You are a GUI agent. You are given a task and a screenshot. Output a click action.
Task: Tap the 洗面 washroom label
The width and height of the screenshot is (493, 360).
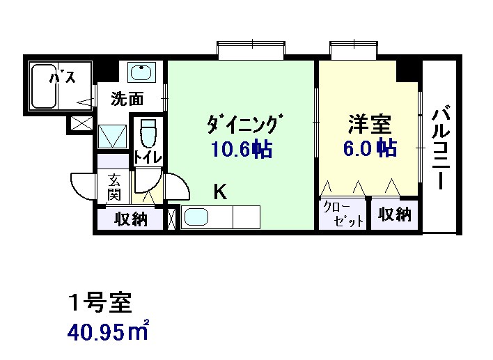pyautogui.click(x=127, y=99)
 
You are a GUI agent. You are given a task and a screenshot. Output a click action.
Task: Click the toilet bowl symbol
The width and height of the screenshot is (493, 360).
pyautogui.click(x=148, y=132)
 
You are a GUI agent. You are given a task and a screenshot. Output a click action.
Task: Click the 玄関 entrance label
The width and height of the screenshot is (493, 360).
pyautogui.click(x=114, y=187)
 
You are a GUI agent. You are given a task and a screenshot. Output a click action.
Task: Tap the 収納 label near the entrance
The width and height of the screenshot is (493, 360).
pyautogui.click(x=131, y=219)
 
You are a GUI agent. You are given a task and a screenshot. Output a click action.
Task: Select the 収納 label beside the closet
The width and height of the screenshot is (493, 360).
pyautogui.click(x=395, y=214)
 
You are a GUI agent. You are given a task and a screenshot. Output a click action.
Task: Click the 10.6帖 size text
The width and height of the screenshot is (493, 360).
pyautogui.click(x=242, y=149)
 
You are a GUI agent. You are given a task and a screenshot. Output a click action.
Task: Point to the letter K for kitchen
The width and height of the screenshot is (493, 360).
pyautogui.click(x=220, y=191)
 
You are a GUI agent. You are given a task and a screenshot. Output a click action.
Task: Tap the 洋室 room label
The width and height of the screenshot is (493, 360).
pyautogui.click(x=370, y=125)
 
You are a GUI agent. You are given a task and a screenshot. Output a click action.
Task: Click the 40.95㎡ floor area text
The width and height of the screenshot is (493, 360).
pyautogui.click(x=108, y=331)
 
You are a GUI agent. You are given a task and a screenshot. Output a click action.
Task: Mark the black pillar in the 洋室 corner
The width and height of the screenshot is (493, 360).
pyautogui.click(x=407, y=71)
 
